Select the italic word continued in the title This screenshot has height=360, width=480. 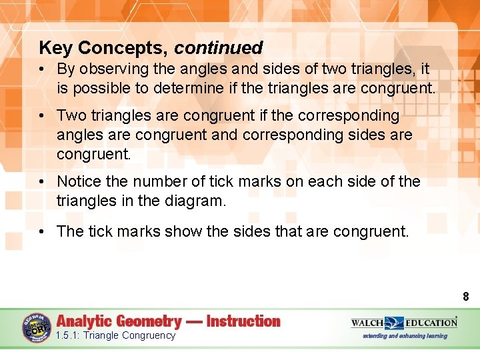coord(219,48)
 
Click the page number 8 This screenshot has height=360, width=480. coord(466,297)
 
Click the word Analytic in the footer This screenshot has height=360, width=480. coord(87,321)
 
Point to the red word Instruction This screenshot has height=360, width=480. coord(243,321)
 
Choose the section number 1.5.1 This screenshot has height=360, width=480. coord(68,335)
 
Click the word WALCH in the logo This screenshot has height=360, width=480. coord(367,323)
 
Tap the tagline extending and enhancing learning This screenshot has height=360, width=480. coord(405,335)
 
